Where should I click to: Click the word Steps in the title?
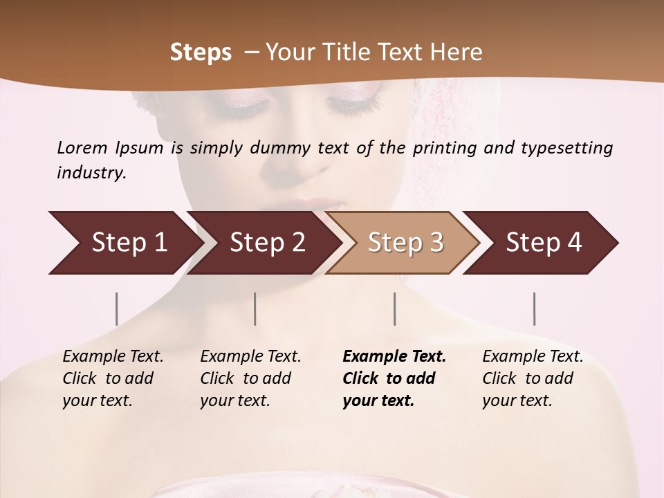click(x=201, y=53)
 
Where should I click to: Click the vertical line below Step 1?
click(x=116, y=308)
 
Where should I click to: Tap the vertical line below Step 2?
click(x=255, y=308)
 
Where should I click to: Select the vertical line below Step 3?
click(x=394, y=308)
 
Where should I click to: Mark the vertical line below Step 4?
click(x=534, y=308)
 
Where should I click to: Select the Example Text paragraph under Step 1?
click(x=113, y=378)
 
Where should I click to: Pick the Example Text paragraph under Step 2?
click(x=250, y=378)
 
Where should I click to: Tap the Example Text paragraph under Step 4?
click(x=533, y=378)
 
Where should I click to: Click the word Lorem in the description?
click(x=82, y=148)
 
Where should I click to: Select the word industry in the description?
click(x=91, y=173)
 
